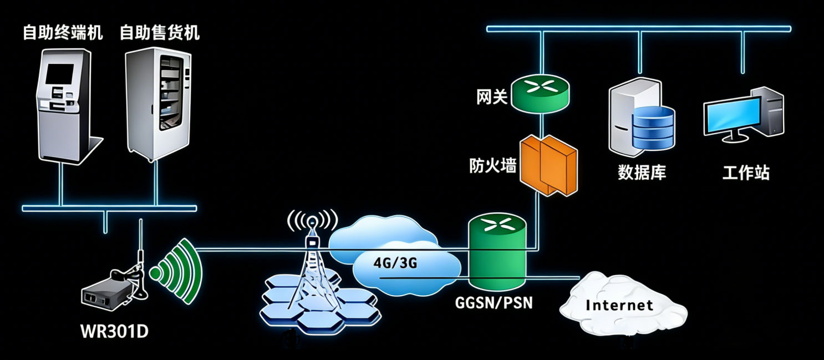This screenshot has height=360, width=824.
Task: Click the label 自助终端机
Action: click(63, 32)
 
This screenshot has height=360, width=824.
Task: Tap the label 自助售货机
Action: click(160, 32)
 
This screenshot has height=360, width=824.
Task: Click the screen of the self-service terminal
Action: click(59, 74)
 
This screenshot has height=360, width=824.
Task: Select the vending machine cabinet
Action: click(159, 105)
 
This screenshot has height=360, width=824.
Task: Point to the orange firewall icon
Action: click(548, 165)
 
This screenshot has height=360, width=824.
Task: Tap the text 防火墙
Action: click(493, 166)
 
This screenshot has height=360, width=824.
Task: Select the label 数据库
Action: click(642, 173)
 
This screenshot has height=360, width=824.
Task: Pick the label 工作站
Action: click(746, 173)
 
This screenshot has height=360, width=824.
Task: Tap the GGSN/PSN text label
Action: click(494, 303)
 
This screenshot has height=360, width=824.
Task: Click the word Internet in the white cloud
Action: click(619, 305)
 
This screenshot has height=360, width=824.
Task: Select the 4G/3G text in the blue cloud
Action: click(395, 263)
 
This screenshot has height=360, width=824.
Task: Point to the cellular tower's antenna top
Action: click(312, 221)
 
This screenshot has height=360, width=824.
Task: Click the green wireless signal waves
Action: click(176, 271)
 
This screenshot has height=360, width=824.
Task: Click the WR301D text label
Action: click(114, 331)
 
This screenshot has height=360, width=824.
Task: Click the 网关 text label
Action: click(492, 97)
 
